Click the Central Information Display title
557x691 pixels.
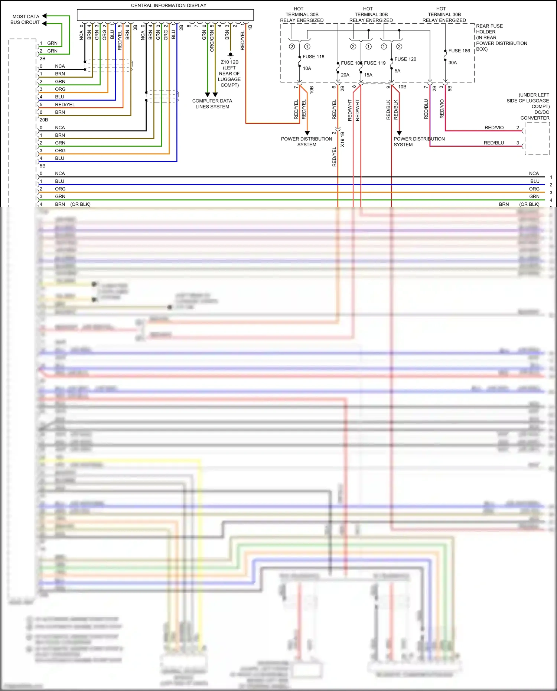point(169,6)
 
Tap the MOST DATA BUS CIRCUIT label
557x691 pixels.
point(25,19)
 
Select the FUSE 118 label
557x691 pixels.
point(313,57)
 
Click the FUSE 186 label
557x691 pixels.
point(459,51)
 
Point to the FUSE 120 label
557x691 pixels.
point(405,59)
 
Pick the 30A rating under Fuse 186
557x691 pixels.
point(453,63)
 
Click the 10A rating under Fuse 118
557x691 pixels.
point(307,68)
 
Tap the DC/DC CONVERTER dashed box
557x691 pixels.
point(537,138)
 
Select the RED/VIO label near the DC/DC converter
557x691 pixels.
point(494,128)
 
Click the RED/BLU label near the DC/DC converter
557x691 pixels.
point(494,143)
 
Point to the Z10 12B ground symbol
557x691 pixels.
point(231,55)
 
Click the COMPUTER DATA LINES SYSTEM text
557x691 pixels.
point(212,104)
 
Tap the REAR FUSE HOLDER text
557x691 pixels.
point(489,29)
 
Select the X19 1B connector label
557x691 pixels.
point(342,139)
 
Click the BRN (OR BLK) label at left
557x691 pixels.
point(73,204)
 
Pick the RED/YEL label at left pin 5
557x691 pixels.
point(65,105)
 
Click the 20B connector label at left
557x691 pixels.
point(44,120)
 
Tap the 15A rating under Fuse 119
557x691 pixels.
point(368,75)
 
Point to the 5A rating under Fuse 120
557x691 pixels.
point(397,71)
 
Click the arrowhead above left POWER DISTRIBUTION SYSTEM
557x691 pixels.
point(307,133)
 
